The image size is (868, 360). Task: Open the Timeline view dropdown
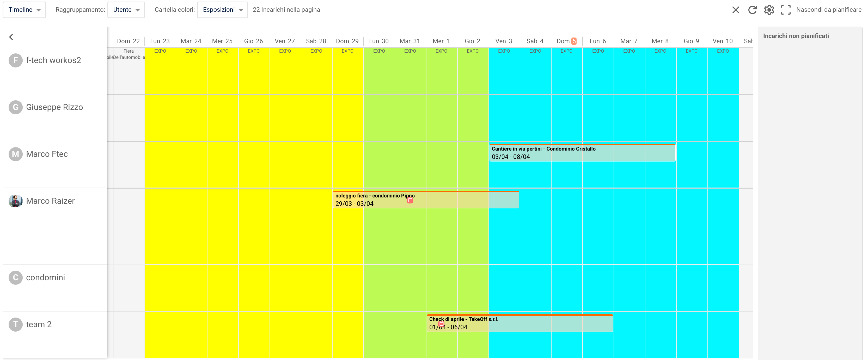point(24,10)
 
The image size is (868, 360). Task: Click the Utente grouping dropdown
point(126,10)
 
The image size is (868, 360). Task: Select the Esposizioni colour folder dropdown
point(222,10)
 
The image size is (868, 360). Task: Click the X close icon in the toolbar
point(736,10)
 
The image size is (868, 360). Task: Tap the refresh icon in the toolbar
point(753,10)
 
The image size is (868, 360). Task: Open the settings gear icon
point(769,10)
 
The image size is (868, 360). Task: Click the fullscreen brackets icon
point(786,10)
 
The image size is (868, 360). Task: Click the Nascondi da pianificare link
point(829,10)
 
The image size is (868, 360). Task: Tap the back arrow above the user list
point(11,37)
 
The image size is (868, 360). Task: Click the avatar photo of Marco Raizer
point(15,201)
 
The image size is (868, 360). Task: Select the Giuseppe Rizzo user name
point(54,107)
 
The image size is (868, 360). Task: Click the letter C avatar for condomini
point(15,277)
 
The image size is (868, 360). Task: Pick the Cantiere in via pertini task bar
point(582,153)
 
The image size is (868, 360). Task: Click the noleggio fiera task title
point(375,196)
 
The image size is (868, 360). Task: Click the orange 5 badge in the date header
point(574,41)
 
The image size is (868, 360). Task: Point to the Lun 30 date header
point(379,41)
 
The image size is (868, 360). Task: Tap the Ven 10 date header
point(723,41)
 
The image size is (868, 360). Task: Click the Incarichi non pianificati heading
point(796,36)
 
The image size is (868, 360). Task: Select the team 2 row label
point(39,324)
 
